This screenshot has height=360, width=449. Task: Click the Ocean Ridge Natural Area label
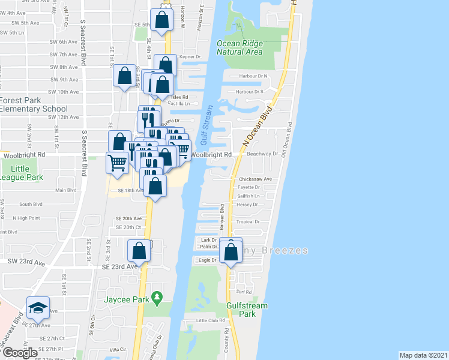[x=240, y=47]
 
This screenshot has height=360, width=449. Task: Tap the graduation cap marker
[x=38, y=308]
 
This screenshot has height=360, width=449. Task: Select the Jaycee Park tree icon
[x=157, y=296]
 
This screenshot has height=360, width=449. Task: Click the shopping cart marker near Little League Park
[x=116, y=161]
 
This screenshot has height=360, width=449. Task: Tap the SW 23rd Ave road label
[x=26, y=262]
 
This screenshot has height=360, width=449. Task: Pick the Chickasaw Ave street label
[x=256, y=179]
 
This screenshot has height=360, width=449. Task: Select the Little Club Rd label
[x=211, y=321]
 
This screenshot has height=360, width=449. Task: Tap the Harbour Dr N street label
[x=253, y=76]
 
